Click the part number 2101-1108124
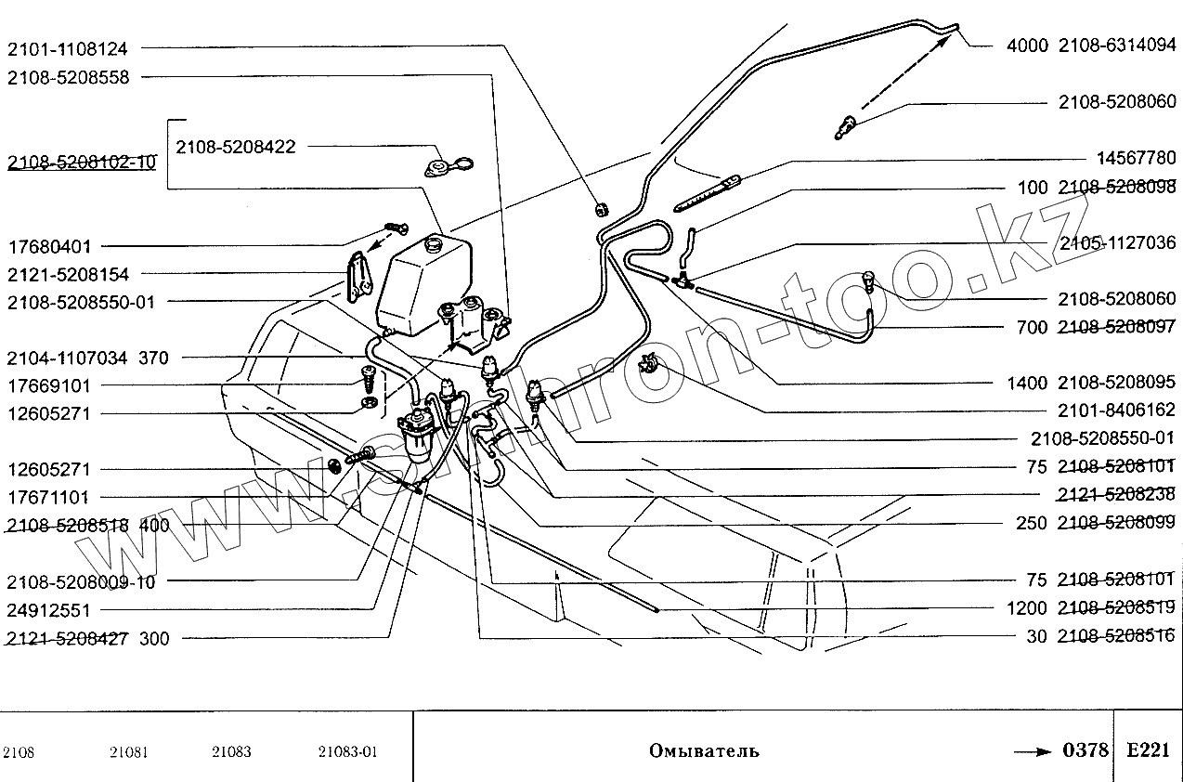[x=68, y=47]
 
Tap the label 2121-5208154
[x=68, y=275]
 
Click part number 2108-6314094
[x=1117, y=44]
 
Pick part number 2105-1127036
[x=1117, y=244]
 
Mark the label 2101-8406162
[x=1117, y=410]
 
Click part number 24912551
[x=49, y=610]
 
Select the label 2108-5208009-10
[x=81, y=582]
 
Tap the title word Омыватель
[x=705, y=750]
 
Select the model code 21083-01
[x=347, y=752]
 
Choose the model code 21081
[x=128, y=752]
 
